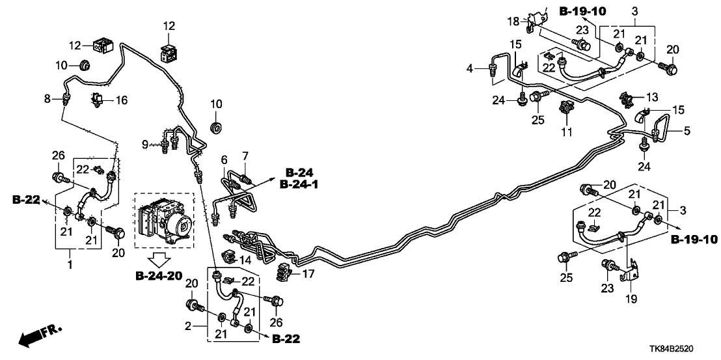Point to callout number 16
click(122, 100)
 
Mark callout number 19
click(631, 299)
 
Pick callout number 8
click(47, 99)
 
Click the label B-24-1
click(298, 184)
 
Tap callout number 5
click(686, 131)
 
